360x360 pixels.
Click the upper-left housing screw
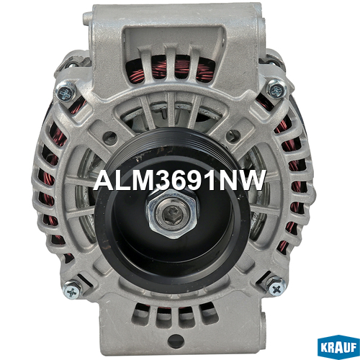point(66,91)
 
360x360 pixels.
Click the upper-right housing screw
point(277,90)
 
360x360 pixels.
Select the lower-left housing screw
point(73,291)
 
